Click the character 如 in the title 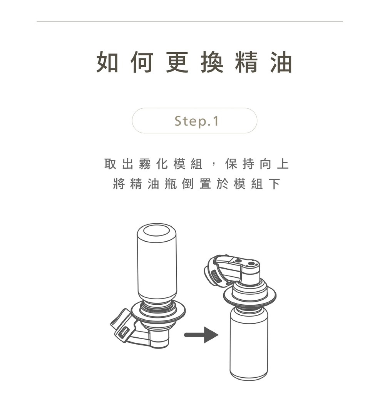tap(107, 62)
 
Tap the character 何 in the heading tap(142, 62)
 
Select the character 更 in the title tap(177, 62)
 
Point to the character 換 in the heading tap(212, 62)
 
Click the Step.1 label tap(196, 121)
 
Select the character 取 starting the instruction tap(110, 164)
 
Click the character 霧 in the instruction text tap(145, 164)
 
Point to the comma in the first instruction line tap(214, 166)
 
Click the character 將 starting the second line tap(119, 184)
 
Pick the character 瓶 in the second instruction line tap(171, 184)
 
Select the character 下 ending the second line tap(274, 184)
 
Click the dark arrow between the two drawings tap(201, 335)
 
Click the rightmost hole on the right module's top tap(251, 264)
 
